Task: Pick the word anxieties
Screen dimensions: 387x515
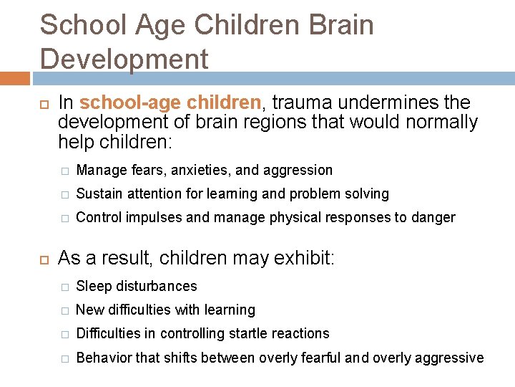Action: tap(198, 171)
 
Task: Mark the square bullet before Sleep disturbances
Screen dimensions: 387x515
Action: tap(64, 287)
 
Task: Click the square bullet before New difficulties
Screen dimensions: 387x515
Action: tap(64, 311)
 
